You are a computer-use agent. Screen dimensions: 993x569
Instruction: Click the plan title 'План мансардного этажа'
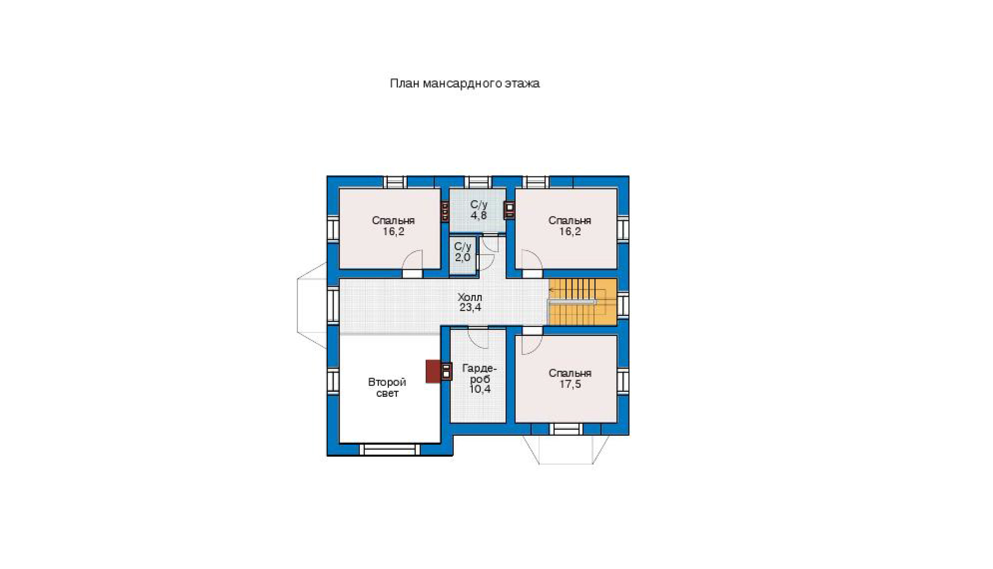tap(464, 83)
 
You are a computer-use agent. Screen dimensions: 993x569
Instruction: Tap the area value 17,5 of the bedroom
tap(570, 384)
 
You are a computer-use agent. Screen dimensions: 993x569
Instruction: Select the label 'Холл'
tap(470, 297)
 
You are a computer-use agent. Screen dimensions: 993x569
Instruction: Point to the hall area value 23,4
tap(470, 308)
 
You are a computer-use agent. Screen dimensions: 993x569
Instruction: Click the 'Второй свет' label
tap(387, 387)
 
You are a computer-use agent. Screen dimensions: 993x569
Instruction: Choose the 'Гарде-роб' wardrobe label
tap(479, 374)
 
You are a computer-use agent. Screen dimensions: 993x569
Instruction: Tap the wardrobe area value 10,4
tap(480, 389)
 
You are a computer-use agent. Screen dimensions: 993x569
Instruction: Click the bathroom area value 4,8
tap(479, 215)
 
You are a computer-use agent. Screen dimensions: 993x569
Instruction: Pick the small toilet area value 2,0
tap(462, 257)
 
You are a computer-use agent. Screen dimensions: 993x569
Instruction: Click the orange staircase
tap(583, 302)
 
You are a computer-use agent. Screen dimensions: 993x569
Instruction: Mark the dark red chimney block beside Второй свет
tap(433, 371)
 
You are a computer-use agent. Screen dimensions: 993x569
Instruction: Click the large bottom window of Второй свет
tap(390, 449)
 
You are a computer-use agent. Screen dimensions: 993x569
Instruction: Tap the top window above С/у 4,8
tap(478, 182)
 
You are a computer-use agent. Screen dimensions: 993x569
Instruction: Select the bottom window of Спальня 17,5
tap(565, 429)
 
